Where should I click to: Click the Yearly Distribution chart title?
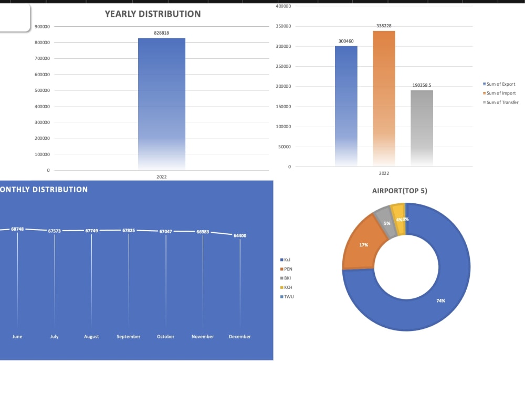pyautogui.click(x=152, y=14)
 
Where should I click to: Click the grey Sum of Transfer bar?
pyautogui.click(x=422, y=128)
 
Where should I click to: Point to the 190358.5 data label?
pyautogui.click(x=422, y=85)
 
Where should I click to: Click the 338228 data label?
pyautogui.click(x=384, y=26)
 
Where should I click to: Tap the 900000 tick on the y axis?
pyautogui.click(x=43, y=26)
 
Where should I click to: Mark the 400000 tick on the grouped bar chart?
pyautogui.click(x=283, y=6)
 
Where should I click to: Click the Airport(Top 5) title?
pyautogui.click(x=400, y=191)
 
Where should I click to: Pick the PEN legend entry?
pyautogui.click(x=288, y=269)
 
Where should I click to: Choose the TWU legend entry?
pyautogui.click(x=289, y=297)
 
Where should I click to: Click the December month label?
pyautogui.click(x=240, y=337)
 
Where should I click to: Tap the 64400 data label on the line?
pyautogui.click(x=240, y=236)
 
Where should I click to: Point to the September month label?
pyautogui.click(x=129, y=337)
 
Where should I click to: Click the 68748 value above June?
pyautogui.click(x=17, y=229)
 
